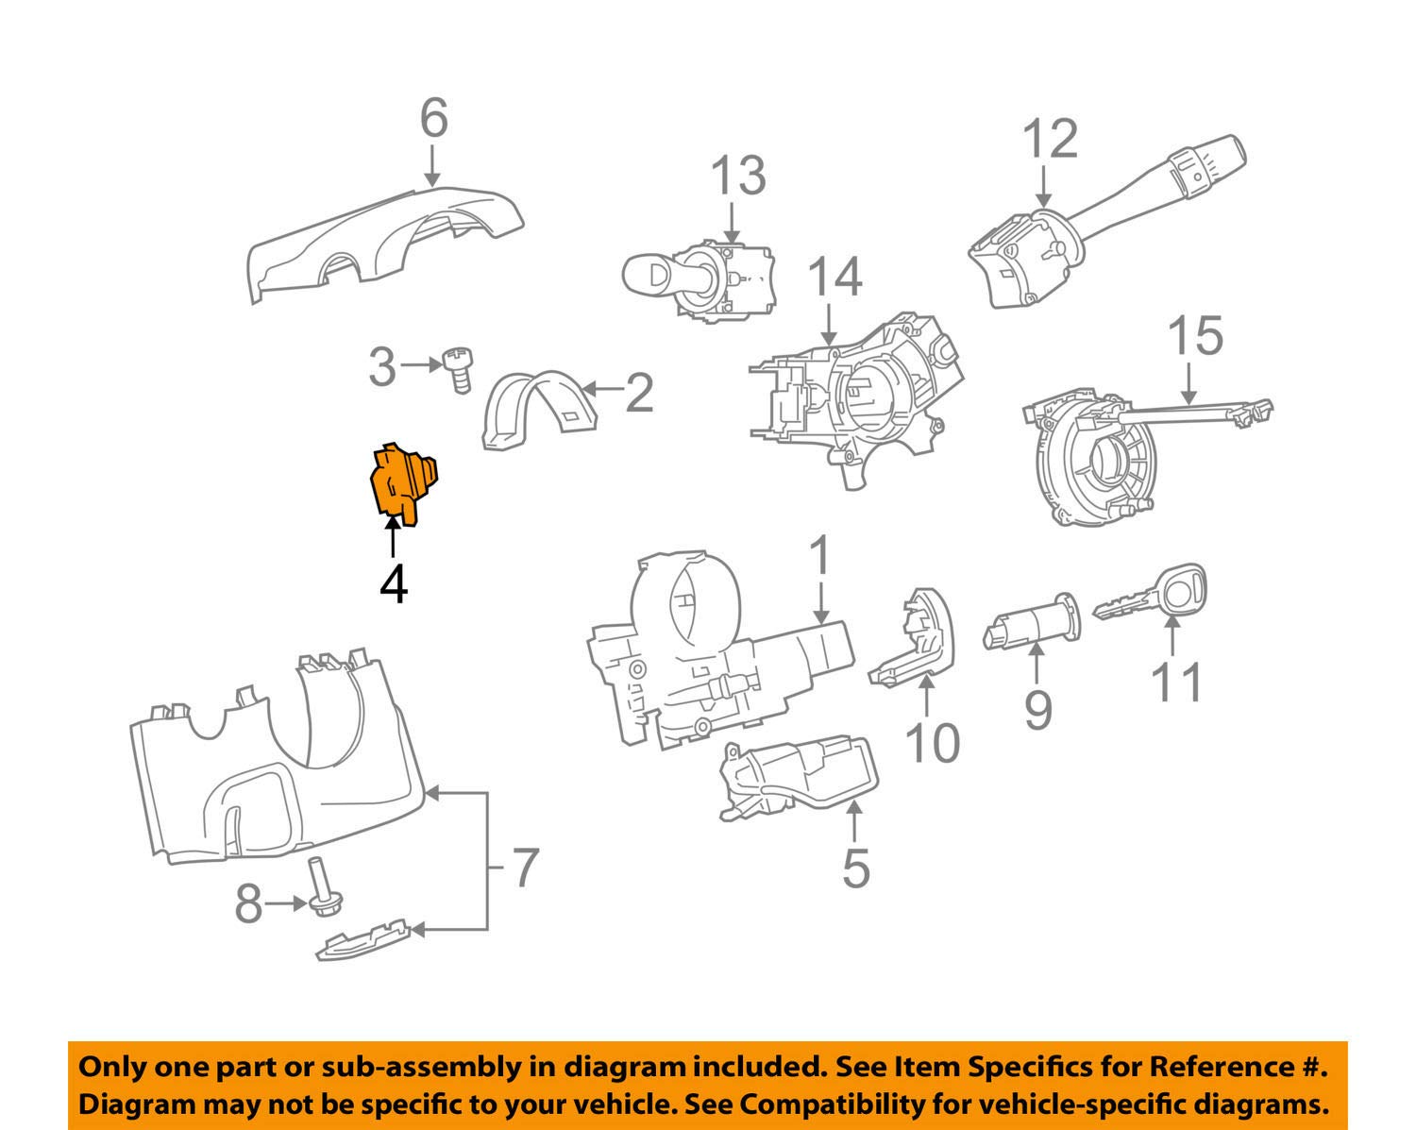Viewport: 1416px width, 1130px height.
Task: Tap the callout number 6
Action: pos(433,120)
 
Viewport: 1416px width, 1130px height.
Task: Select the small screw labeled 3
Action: pos(457,370)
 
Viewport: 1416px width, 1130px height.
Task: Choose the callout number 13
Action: pos(737,177)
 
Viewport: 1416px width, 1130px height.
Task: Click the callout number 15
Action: pos(1195,337)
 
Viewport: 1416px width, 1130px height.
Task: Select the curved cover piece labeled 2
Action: pos(533,409)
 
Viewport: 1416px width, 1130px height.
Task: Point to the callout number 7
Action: pos(524,867)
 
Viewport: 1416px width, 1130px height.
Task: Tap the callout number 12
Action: pos(1050,139)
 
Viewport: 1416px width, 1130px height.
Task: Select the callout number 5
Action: pos(854,869)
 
